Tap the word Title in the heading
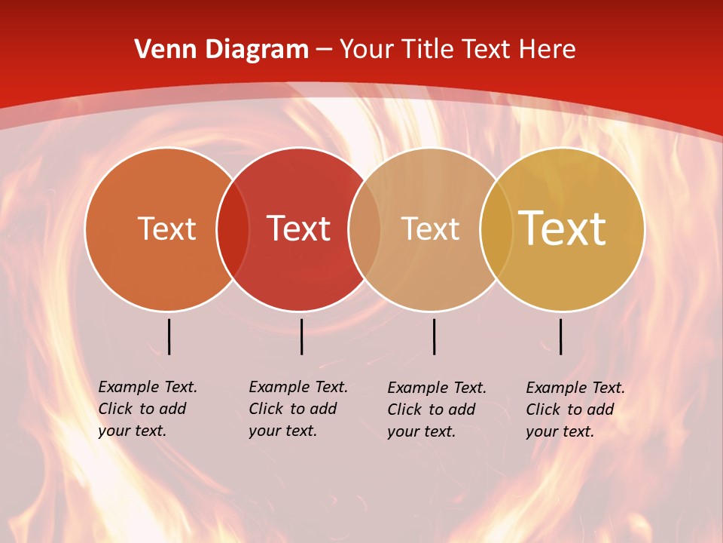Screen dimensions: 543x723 point(428,50)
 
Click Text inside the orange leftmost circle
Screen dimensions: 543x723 point(166,229)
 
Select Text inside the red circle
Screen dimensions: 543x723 point(298,229)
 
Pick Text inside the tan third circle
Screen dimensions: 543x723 point(430,229)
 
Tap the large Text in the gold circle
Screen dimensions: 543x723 point(563,229)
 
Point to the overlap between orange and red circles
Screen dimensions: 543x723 point(233,229)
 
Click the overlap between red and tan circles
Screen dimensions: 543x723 point(365,229)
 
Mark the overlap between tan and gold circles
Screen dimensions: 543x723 point(496,229)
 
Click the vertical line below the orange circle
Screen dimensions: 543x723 point(169,336)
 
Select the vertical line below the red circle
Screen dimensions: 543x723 point(301,336)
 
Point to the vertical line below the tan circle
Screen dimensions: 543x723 point(434,336)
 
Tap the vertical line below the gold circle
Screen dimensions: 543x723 point(560,336)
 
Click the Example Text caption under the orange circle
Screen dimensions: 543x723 point(148,409)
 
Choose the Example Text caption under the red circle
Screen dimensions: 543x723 point(298,409)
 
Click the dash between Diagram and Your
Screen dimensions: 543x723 point(324,51)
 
